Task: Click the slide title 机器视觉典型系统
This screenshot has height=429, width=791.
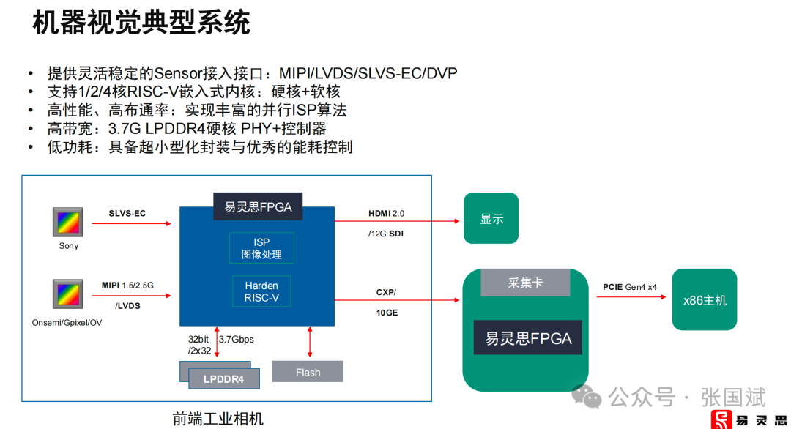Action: [141, 23]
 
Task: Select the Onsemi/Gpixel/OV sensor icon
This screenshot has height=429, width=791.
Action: [69, 294]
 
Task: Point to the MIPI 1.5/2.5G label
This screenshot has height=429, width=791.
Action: [127, 284]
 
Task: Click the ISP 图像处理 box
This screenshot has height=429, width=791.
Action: [261, 248]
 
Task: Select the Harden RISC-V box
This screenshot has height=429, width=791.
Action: [261, 291]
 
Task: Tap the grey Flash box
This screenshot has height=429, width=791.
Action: [308, 372]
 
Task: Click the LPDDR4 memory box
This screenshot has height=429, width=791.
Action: [223, 378]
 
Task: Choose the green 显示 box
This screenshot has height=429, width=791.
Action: [491, 218]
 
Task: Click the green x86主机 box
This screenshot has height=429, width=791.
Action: [705, 299]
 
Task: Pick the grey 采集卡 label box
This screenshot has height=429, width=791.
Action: [524, 283]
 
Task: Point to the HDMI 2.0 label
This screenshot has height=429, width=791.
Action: [386, 214]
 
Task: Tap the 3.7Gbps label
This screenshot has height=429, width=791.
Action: [237, 340]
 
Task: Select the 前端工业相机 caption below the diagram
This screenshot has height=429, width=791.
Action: [218, 419]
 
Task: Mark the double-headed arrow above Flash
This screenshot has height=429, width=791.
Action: [310, 342]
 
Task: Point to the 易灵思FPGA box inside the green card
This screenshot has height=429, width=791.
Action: [527, 339]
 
